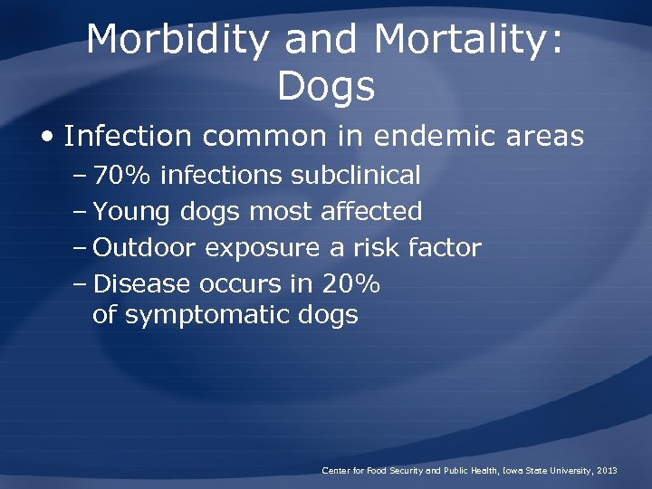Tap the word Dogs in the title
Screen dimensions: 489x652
point(326,87)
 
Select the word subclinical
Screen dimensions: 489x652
point(356,175)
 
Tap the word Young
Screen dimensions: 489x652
point(132,212)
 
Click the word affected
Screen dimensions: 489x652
point(372,212)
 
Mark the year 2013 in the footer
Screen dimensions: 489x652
point(608,471)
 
